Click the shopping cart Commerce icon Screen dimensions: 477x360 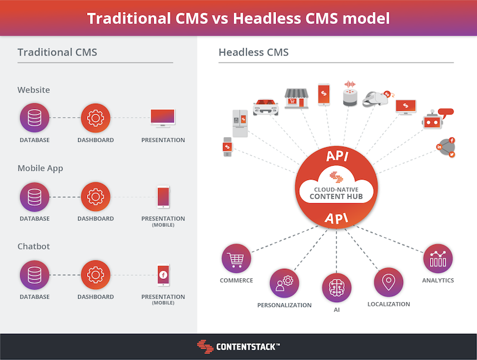tap(236, 259)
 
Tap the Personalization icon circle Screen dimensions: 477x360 tap(284, 283)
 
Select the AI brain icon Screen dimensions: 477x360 tap(336, 288)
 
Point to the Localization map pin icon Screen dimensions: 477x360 tap(389, 282)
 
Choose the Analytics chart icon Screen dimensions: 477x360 tap(438, 259)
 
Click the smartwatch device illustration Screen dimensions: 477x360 tap(228, 147)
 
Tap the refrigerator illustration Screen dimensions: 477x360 tap(240, 123)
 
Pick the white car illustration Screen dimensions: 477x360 tap(266, 107)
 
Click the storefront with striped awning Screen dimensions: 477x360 tap(296, 98)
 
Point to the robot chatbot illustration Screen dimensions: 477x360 tap(437, 119)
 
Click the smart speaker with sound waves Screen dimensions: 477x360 tap(350, 94)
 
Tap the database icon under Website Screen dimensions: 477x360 tap(35, 117)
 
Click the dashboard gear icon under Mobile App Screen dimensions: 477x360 tap(95, 197)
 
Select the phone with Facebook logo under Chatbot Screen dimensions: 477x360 tap(163, 275)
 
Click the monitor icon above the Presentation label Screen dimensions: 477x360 tap(163, 118)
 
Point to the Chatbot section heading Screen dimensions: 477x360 tap(33, 246)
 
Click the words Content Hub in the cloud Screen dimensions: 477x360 tap(336, 197)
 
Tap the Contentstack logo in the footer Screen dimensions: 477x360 tap(238, 347)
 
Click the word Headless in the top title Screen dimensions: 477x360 tap(267, 18)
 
